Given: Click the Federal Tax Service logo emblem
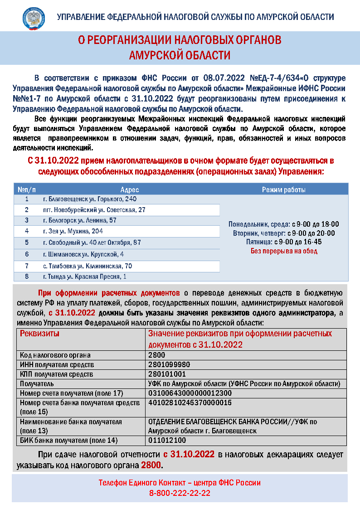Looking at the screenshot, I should pyautogui.click(x=34, y=18).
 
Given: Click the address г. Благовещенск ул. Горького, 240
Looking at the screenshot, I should pyautogui.click(x=90, y=199).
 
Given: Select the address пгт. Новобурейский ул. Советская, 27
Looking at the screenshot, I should pyautogui.click(x=94, y=210).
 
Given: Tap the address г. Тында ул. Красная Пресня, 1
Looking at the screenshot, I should pyautogui.click(x=85, y=276).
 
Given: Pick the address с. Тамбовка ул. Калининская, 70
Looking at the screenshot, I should pyautogui.click(x=88, y=266).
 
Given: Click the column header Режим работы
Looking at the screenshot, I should pyautogui.click(x=284, y=189).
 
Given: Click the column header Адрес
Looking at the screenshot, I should pyautogui.click(x=130, y=189).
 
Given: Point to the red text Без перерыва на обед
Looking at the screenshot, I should pyautogui.click(x=284, y=251).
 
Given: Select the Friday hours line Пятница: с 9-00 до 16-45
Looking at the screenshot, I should pyautogui.click(x=284, y=242).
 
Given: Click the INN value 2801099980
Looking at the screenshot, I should pyautogui.click(x=169, y=365).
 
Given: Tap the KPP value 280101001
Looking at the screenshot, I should pyautogui.click(x=167, y=374).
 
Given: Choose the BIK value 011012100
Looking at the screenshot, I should pyautogui.click(x=167, y=440).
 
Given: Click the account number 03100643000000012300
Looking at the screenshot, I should pyautogui.click(x=190, y=393).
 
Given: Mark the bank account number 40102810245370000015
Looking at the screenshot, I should pyautogui.click(x=190, y=402).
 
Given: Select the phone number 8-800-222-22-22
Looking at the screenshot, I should pyautogui.click(x=180, y=493).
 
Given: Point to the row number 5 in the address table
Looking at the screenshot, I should pyautogui.click(x=27, y=242).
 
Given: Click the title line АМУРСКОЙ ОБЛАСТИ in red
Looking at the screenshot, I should pyautogui.click(x=180, y=55).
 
